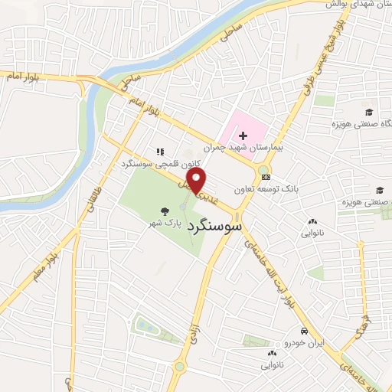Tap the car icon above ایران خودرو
point(304,332)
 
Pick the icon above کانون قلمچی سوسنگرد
point(160,152)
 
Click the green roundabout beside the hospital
point(263,171)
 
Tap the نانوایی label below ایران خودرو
point(272,365)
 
